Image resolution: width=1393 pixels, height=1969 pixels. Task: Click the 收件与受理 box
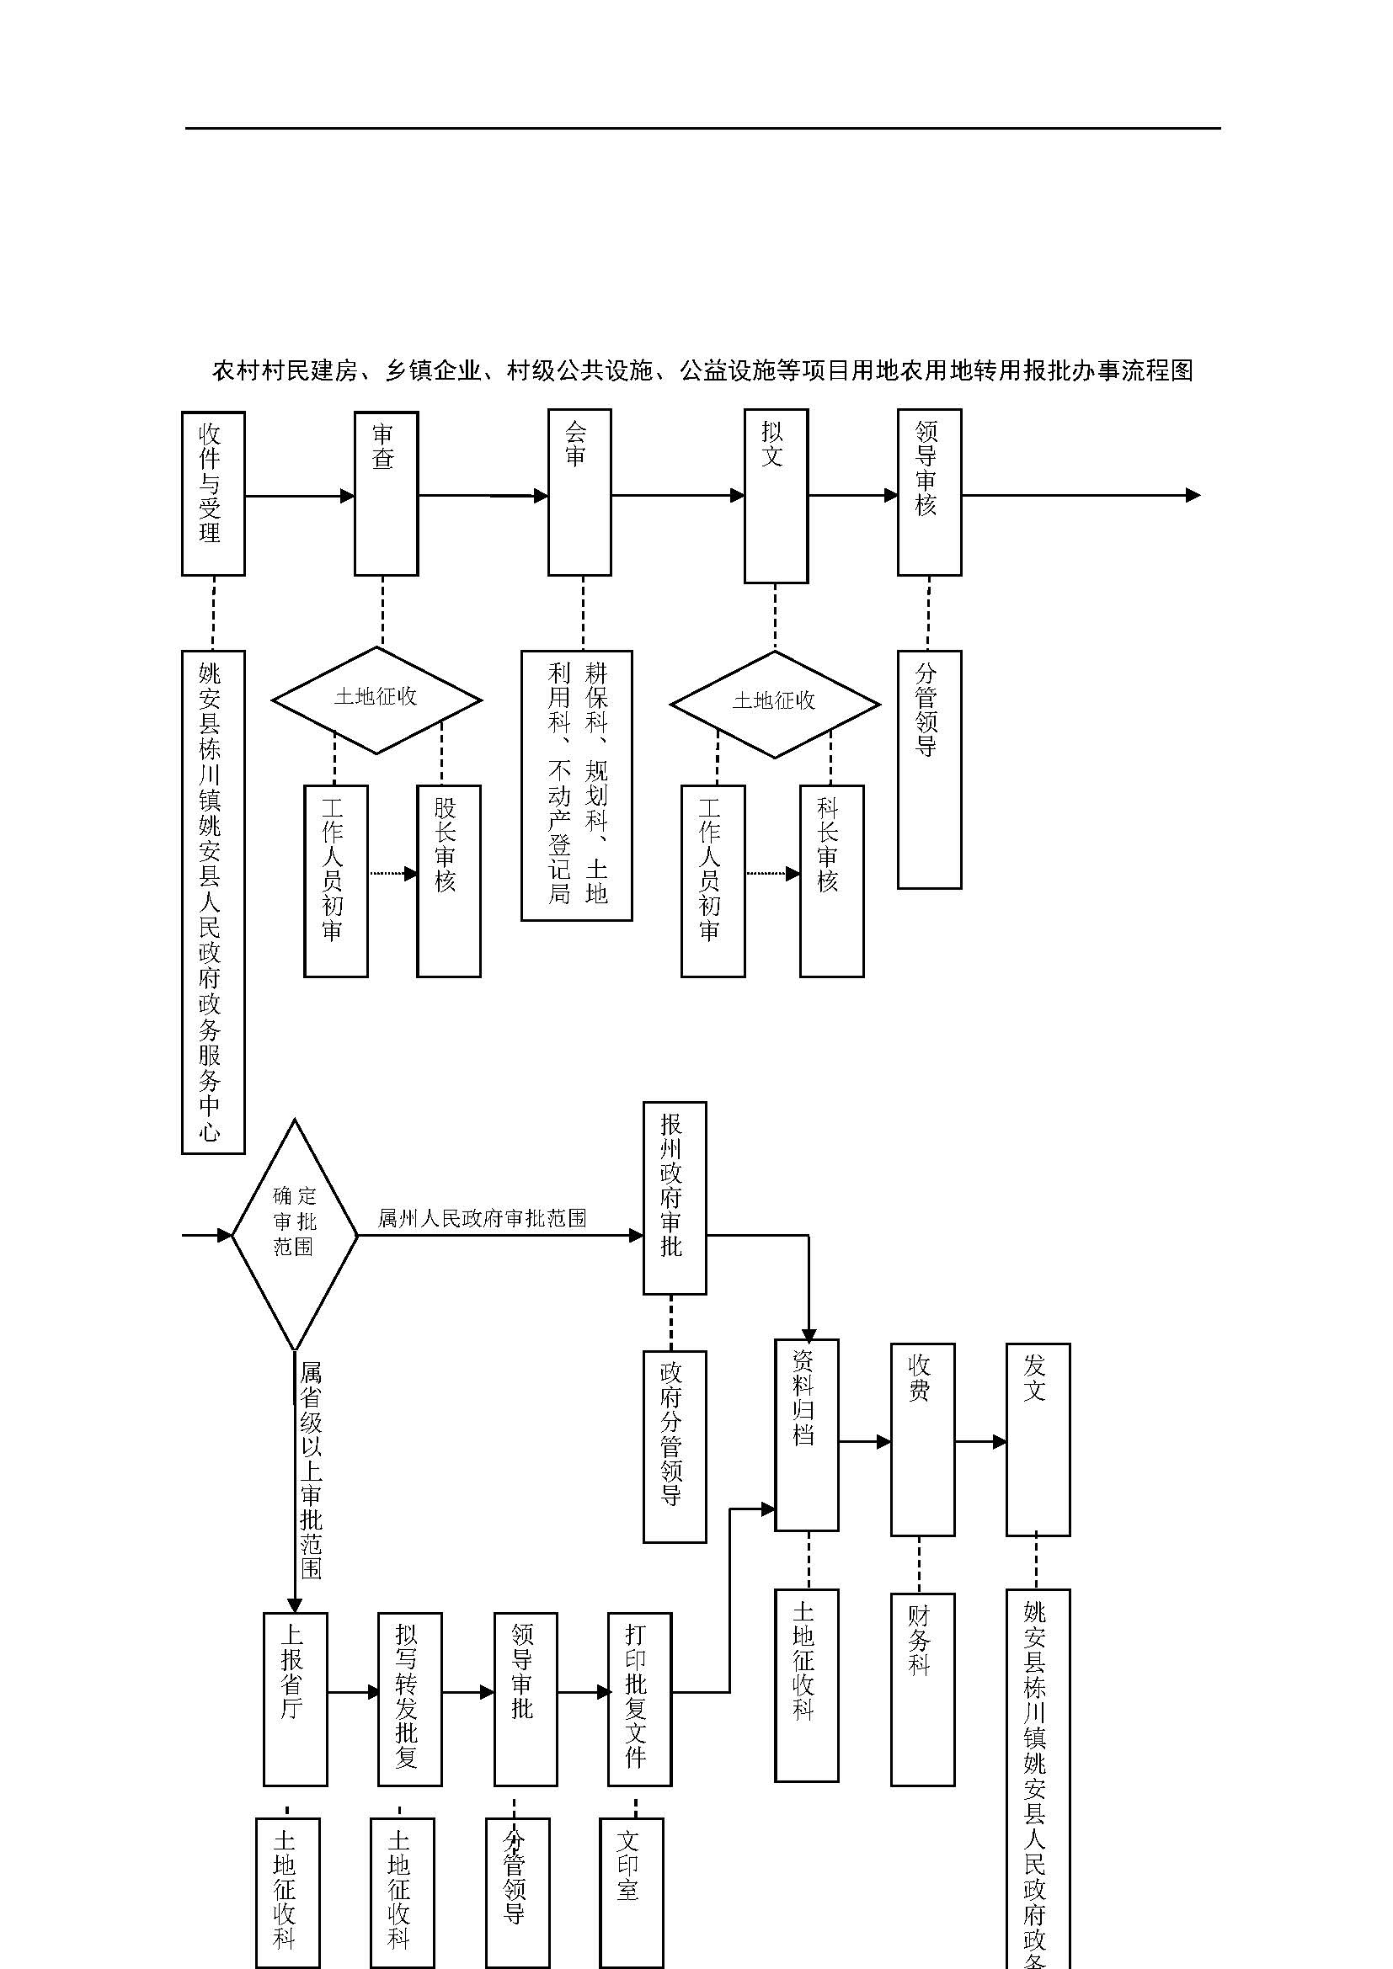coord(213,493)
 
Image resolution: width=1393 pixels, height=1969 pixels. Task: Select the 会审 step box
coord(579,493)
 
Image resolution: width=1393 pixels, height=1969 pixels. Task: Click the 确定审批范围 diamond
coord(294,1235)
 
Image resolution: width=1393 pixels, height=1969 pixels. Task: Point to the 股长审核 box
coord(449,881)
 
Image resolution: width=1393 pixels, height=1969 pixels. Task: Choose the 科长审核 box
coord(831,881)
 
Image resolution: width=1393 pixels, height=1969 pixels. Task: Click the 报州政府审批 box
coord(675,1198)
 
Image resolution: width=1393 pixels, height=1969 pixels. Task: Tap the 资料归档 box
coord(806,1434)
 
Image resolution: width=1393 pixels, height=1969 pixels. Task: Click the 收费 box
coord(922,1439)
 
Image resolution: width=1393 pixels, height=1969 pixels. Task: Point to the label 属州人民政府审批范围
coord(482,1218)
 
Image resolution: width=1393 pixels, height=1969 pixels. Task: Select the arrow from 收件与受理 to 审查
coord(299,496)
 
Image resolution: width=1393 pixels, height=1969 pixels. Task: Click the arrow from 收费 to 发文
coord(980,1443)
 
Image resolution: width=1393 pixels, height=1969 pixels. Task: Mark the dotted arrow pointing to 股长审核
coord(392,874)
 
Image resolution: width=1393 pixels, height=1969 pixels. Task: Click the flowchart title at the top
coord(702,370)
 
